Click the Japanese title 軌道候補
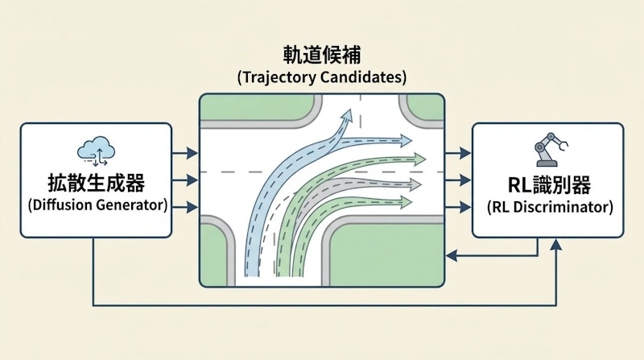(321, 55)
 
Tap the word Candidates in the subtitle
(361, 78)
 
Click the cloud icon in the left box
(96, 150)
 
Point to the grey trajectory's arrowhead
(415, 184)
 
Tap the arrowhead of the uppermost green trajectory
(419, 158)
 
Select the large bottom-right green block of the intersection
(386, 250)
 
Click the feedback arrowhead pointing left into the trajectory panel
(452, 255)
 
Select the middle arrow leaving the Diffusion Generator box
(190, 179)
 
